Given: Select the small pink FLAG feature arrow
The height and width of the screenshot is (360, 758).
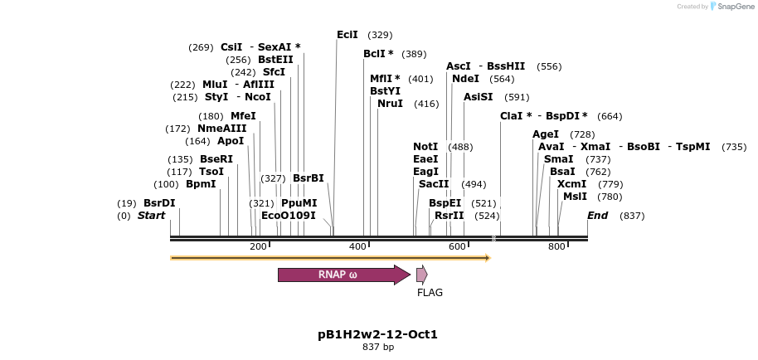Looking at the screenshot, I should click(421, 275).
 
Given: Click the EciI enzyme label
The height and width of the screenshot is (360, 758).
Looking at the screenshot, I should click(347, 35).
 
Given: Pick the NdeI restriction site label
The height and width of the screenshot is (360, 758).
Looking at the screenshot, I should click(465, 79).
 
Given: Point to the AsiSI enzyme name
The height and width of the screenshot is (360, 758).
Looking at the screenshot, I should click(478, 97).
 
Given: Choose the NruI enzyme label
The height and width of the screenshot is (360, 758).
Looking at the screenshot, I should click(390, 104).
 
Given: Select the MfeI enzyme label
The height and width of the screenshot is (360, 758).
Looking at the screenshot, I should click(243, 116).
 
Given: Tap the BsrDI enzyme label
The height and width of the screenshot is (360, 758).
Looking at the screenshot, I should click(159, 203).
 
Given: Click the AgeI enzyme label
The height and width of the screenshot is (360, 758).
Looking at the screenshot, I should click(545, 134).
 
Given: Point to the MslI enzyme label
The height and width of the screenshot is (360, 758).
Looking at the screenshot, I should click(575, 197).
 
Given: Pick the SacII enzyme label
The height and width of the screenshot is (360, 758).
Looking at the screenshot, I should click(434, 184).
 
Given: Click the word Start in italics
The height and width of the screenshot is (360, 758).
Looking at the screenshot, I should click(151, 216).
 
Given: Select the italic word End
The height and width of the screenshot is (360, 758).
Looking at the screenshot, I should click(597, 216).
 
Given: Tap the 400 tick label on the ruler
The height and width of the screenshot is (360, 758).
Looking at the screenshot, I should click(357, 247).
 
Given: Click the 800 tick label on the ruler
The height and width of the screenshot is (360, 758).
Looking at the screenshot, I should click(556, 247).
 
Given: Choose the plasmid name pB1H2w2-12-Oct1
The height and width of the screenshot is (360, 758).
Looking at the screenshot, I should click(377, 334).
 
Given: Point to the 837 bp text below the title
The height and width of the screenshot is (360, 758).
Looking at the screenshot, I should click(377, 347).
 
